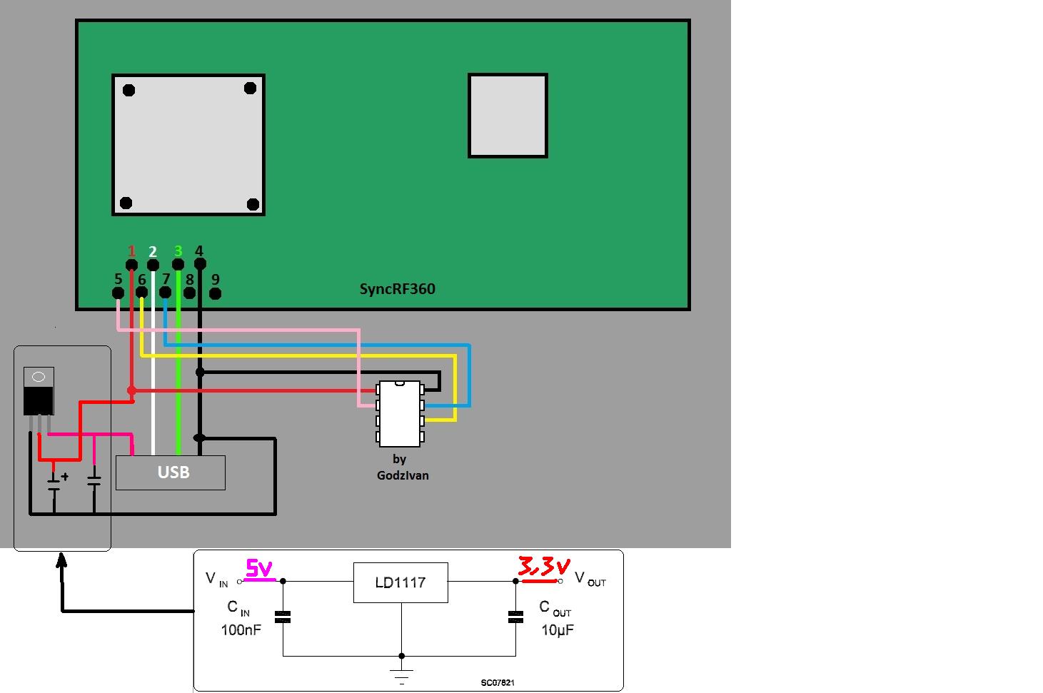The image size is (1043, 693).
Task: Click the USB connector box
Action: coord(171,472)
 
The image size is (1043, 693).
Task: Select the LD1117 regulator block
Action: coord(400,582)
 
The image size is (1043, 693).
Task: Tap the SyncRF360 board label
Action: coord(397,289)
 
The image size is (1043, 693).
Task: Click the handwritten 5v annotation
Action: coord(260,568)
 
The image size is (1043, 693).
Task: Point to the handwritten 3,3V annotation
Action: coord(543,568)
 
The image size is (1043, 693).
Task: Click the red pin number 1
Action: coord(131,251)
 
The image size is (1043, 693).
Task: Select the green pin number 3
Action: coord(178,251)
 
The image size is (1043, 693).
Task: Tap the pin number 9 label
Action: coord(215,280)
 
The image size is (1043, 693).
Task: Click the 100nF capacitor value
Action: coord(241,629)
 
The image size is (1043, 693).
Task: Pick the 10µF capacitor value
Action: coord(557,629)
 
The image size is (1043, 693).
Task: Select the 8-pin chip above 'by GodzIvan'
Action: coord(400,413)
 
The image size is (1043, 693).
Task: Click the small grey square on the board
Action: coord(508,115)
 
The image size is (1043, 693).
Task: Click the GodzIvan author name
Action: coord(403,475)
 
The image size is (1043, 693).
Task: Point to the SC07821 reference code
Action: coord(497,683)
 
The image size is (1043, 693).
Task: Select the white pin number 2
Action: coord(153,251)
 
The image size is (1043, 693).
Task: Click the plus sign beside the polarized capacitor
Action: coord(65,476)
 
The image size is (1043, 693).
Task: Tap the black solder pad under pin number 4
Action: coord(200,264)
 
